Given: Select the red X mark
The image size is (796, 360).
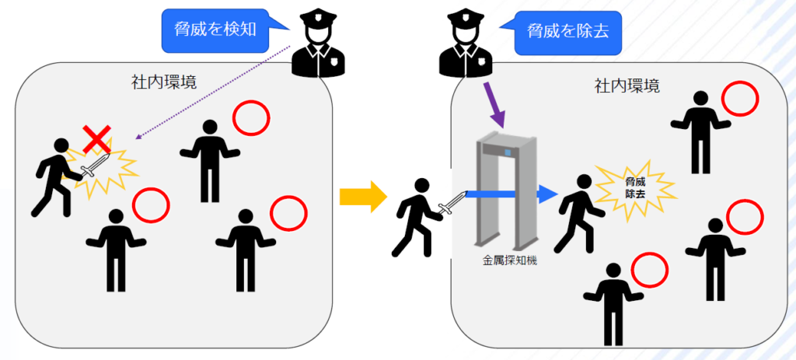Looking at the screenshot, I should click(x=96, y=140).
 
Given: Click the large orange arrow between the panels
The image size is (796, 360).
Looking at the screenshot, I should click(x=363, y=197).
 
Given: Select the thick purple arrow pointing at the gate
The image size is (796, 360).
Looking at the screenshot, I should click(x=494, y=106).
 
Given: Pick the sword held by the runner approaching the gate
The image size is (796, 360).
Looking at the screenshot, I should click(x=450, y=204).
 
